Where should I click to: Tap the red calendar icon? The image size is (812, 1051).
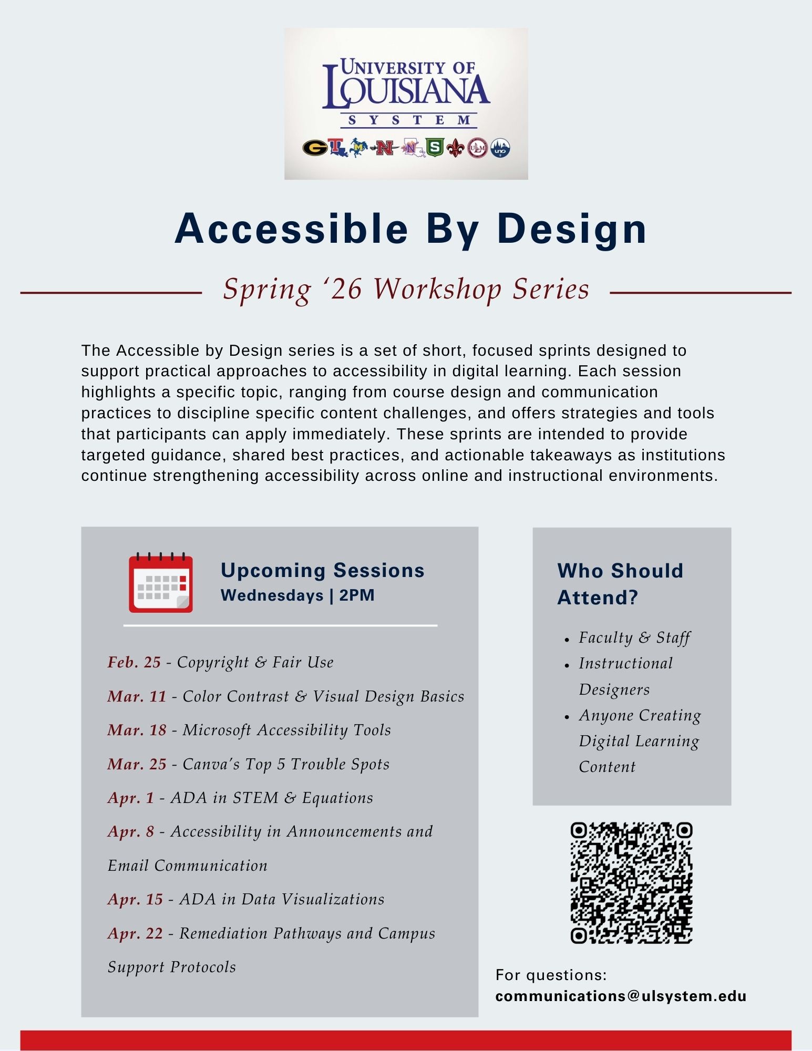(161, 583)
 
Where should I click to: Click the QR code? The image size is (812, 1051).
(631, 883)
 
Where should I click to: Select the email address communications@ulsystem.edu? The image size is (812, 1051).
(621, 996)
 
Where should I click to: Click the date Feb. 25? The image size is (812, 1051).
(134, 662)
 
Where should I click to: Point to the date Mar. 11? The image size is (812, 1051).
(137, 696)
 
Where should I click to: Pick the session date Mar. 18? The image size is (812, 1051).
(137, 730)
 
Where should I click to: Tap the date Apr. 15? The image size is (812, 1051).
(135, 899)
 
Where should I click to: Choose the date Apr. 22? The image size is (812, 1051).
(135, 933)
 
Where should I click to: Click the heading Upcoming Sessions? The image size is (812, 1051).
(322, 570)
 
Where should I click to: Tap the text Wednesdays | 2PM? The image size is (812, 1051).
(297, 595)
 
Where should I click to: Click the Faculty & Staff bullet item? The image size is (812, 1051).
(634, 637)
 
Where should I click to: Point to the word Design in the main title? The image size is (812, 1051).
(572, 229)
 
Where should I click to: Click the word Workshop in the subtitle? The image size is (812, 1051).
(437, 289)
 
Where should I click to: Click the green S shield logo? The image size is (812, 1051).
(435, 148)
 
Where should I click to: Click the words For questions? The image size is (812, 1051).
(551, 975)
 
